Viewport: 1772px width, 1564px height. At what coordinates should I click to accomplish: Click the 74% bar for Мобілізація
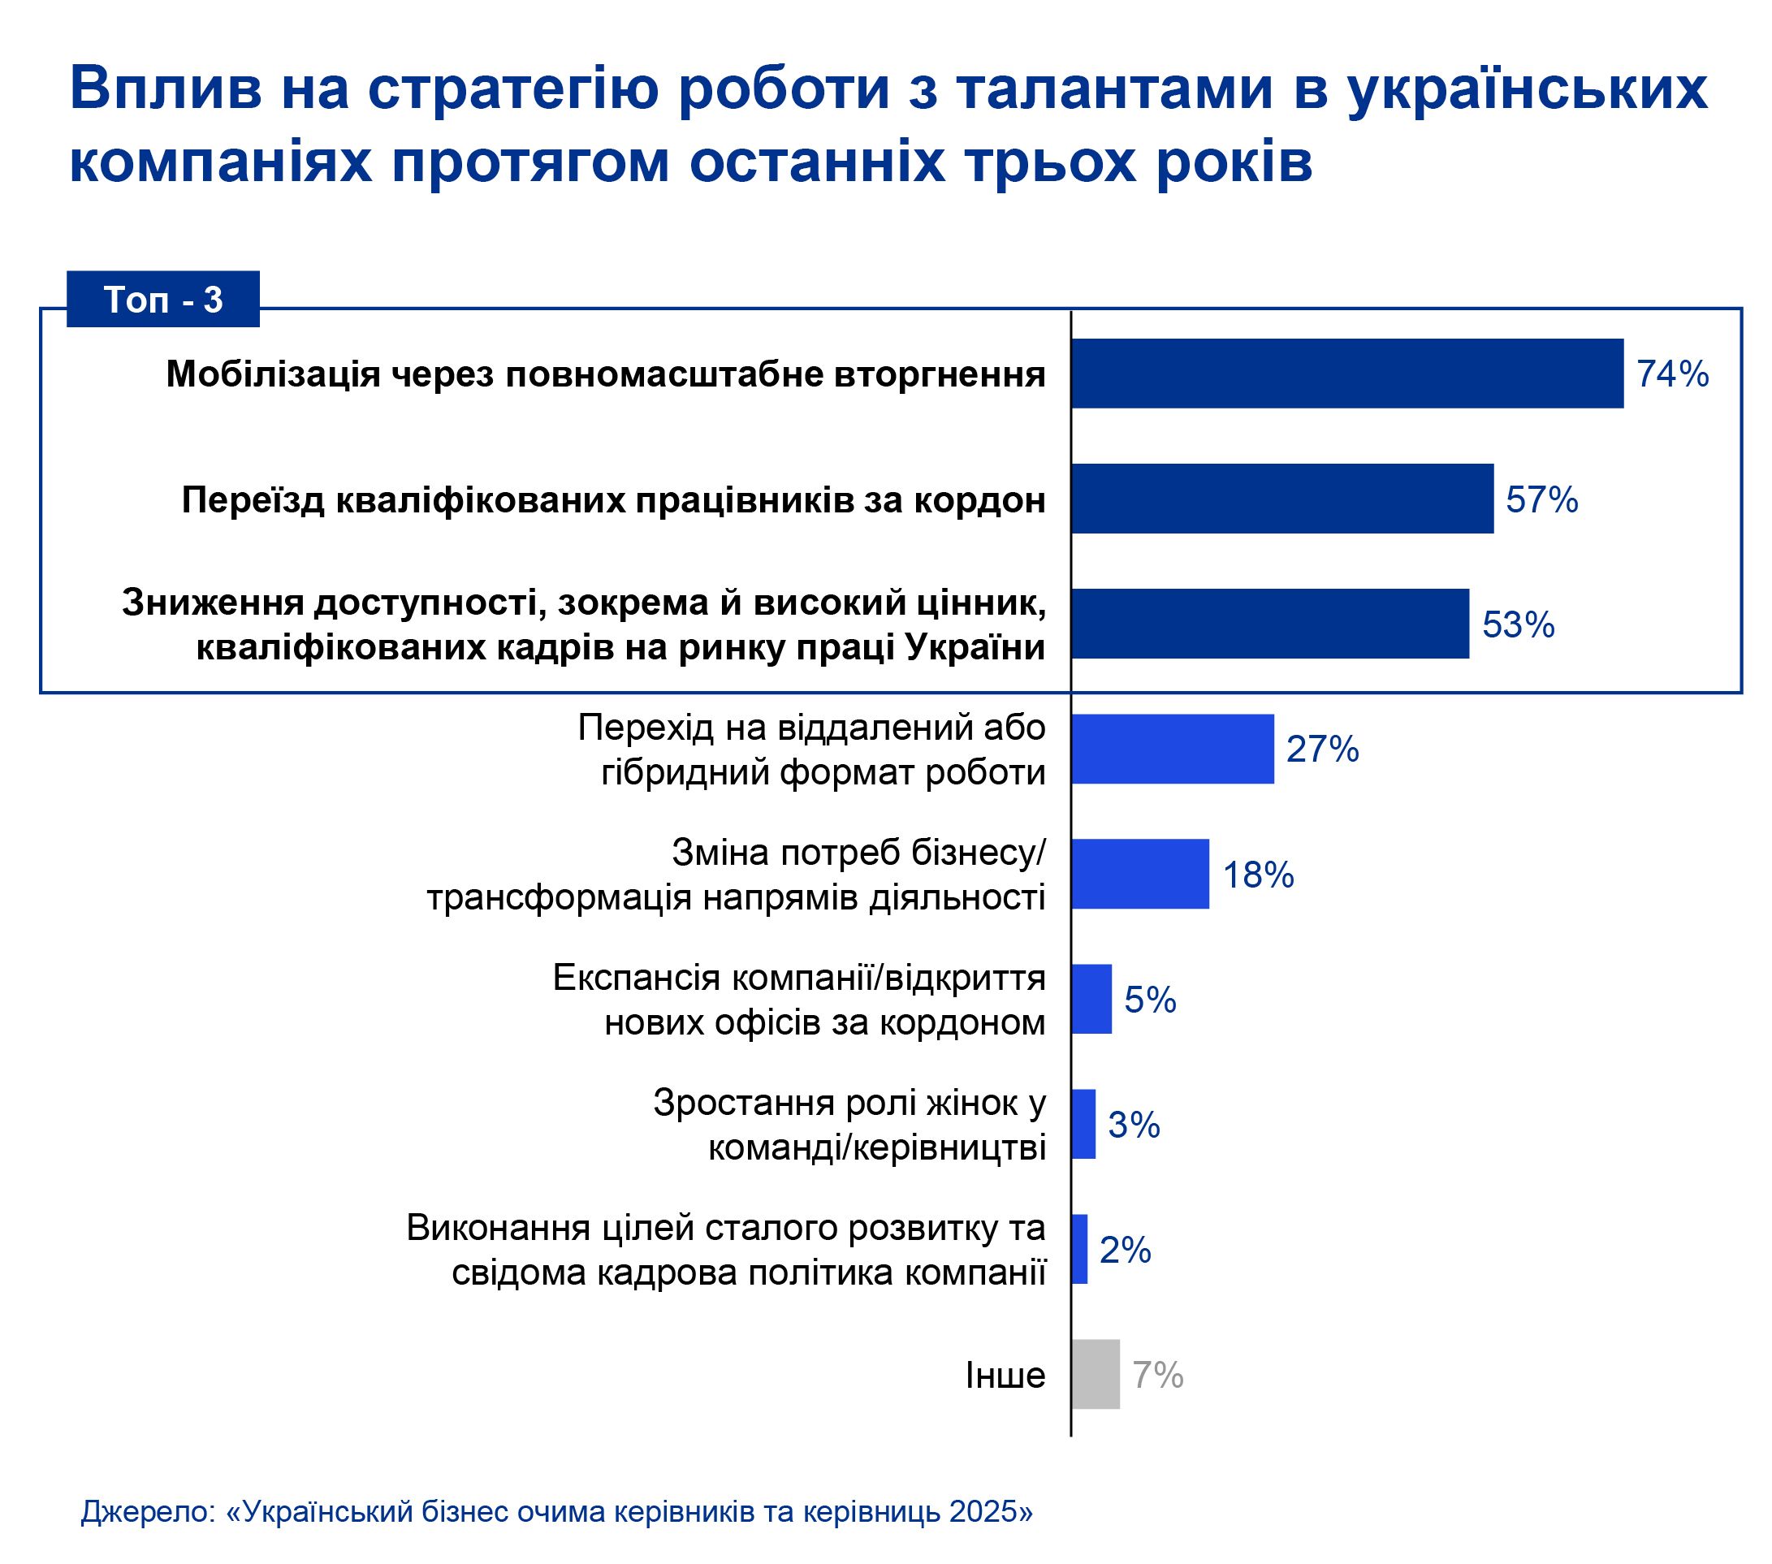(1346, 374)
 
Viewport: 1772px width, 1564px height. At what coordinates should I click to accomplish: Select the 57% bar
(1281, 499)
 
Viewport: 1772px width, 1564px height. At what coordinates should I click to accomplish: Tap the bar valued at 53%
(1269, 624)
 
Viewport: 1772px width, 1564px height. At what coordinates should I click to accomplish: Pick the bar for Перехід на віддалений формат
(1172, 749)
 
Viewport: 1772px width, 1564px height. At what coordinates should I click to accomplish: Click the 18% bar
(1139, 874)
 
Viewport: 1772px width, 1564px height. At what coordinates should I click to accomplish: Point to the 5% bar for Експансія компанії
(1091, 999)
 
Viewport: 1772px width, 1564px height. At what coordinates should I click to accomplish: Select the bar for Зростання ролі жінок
(1083, 1124)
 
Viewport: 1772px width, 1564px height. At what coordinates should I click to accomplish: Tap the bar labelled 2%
(1078, 1248)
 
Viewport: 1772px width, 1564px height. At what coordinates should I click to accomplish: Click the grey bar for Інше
(1095, 1374)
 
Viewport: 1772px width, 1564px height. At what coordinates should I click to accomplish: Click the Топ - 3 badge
(163, 299)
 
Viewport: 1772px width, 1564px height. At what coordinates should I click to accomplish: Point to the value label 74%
(1672, 374)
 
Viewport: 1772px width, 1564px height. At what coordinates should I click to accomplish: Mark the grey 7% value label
(1157, 1375)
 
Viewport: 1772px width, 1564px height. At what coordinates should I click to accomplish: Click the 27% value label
(1322, 749)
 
